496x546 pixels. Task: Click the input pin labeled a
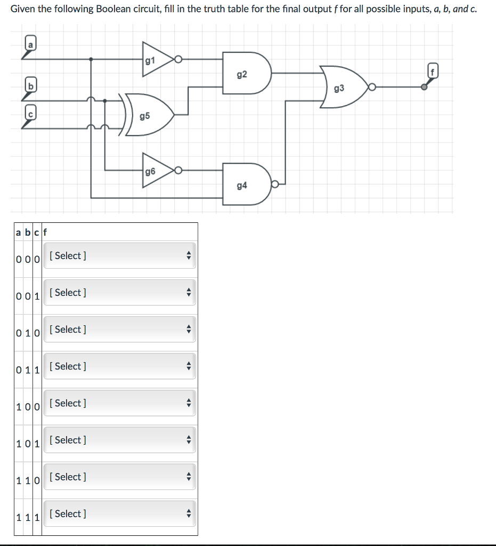point(31,45)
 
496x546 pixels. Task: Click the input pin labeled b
point(31,85)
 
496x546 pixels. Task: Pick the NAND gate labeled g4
point(244,184)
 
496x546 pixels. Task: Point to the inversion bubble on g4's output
point(275,184)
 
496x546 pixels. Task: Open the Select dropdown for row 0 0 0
point(119,256)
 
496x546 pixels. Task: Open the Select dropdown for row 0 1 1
point(119,366)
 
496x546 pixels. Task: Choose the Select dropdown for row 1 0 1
point(119,440)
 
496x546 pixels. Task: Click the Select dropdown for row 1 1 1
point(119,513)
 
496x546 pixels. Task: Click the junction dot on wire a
point(92,60)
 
